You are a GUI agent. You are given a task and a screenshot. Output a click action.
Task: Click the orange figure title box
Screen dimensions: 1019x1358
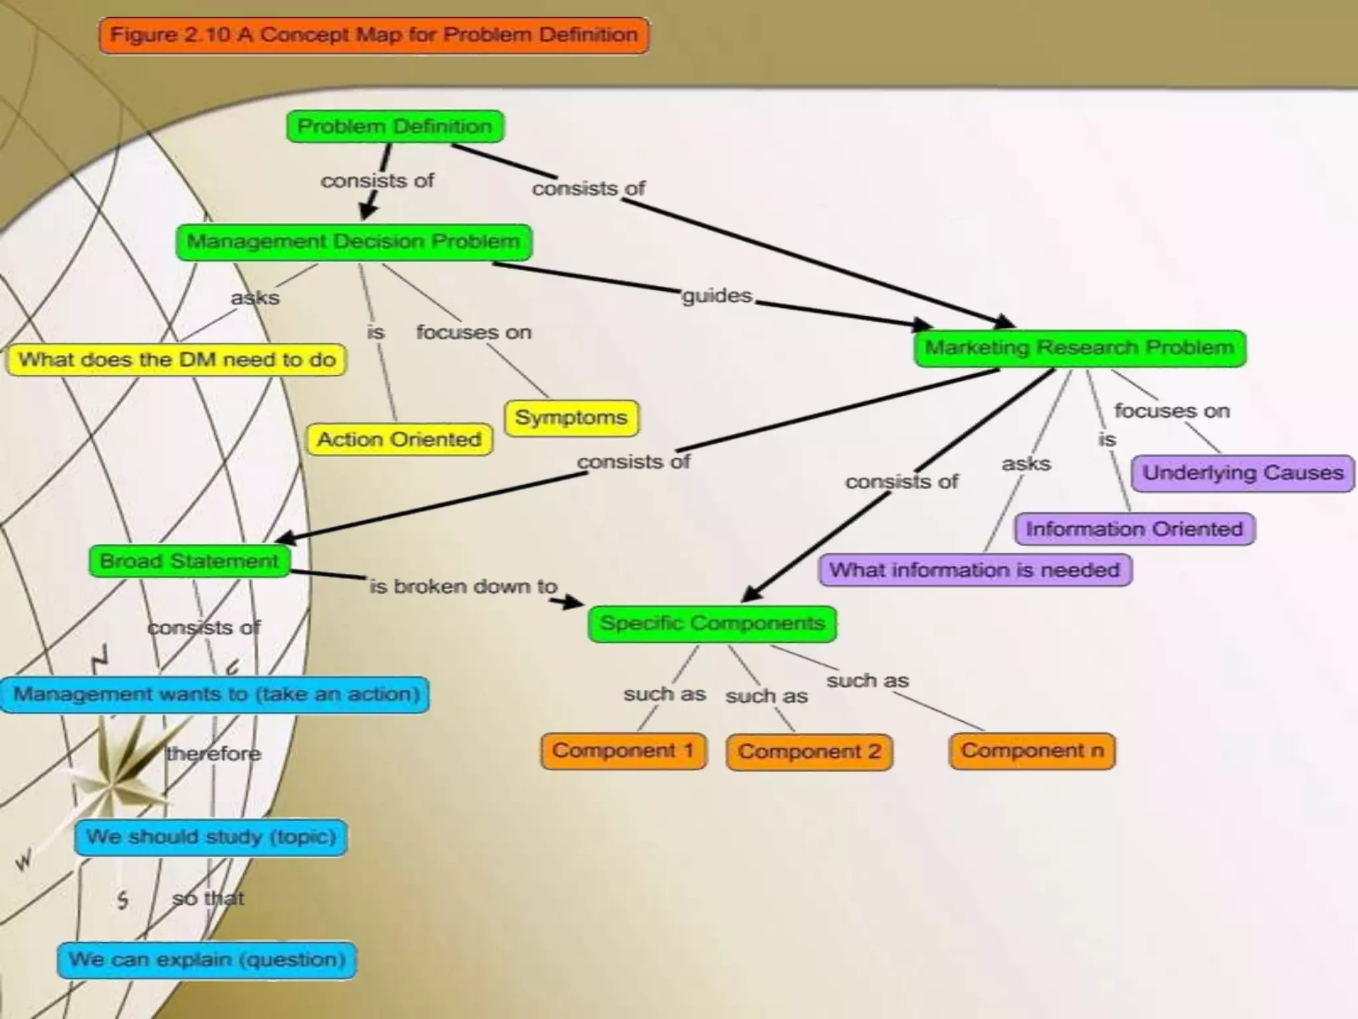point(374,35)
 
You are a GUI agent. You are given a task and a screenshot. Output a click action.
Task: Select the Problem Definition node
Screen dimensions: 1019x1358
point(395,126)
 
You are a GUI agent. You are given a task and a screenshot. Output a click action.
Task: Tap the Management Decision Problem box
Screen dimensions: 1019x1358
point(353,241)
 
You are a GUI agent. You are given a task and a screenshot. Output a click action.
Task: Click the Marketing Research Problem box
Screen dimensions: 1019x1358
point(1080,348)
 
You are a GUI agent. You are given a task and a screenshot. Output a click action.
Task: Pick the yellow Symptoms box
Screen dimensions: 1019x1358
point(571,417)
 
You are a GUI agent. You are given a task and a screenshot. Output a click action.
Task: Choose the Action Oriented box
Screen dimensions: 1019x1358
point(399,439)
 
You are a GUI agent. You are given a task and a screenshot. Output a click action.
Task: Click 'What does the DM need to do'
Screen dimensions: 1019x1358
point(176,360)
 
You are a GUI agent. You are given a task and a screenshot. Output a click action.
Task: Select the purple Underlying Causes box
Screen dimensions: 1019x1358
point(1243,473)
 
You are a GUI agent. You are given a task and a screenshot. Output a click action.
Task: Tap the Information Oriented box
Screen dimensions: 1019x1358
point(1135,529)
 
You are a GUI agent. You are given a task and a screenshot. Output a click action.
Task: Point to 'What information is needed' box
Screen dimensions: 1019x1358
point(975,570)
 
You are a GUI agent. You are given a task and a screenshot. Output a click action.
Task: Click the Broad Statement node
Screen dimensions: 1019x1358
point(190,561)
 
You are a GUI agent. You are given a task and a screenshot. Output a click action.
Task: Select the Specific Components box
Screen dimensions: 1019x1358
point(712,624)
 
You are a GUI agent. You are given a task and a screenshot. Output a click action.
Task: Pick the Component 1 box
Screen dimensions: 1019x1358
point(623,751)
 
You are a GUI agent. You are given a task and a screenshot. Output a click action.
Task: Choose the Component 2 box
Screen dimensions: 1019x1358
point(809,752)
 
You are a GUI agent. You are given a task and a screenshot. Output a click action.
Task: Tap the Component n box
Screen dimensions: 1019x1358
point(1032,751)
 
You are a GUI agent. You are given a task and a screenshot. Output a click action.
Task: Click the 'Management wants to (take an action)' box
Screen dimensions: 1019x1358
point(216,695)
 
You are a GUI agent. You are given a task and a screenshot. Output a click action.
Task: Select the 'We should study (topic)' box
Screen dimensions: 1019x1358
point(211,837)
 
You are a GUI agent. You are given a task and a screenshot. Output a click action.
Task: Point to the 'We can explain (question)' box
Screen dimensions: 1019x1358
point(207,960)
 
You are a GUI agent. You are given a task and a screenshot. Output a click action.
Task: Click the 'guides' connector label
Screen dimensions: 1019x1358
point(717,295)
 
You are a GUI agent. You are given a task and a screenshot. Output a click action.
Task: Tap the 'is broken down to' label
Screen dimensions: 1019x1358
point(463,586)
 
